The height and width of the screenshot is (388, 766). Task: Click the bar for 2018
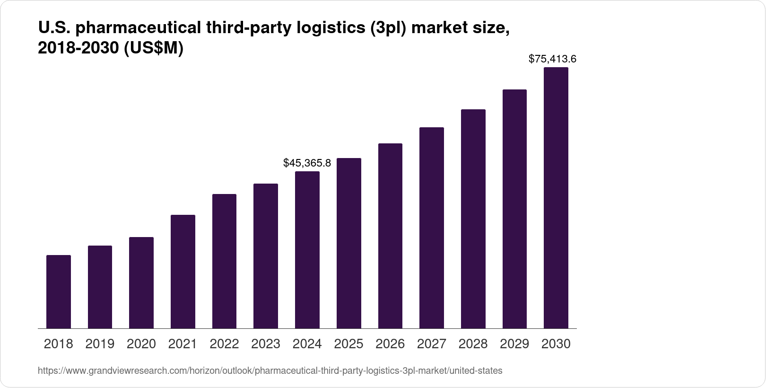tap(59, 291)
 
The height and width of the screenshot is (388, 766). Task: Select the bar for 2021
tap(183, 272)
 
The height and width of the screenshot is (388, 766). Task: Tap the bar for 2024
tap(307, 250)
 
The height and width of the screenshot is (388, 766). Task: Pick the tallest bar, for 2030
tap(556, 198)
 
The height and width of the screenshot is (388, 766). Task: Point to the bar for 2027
tap(432, 228)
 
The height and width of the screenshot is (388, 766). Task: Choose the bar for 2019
tap(100, 287)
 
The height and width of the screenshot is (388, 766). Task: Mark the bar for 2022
tap(224, 261)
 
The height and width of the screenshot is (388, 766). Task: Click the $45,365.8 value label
tap(307, 163)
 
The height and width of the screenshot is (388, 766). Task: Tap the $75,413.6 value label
tap(552, 59)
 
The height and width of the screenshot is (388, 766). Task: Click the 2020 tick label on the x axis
tap(141, 344)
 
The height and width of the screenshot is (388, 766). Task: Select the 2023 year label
tap(266, 344)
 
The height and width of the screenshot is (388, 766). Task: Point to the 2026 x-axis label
tap(390, 344)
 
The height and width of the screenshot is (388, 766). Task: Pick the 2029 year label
tap(514, 344)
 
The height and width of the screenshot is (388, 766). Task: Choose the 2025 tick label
tap(348, 344)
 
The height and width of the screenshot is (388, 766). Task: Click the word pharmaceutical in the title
tap(138, 29)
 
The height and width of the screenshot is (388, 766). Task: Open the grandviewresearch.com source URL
tap(270, 371)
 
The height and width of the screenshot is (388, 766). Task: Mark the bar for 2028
tap(473, 219)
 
